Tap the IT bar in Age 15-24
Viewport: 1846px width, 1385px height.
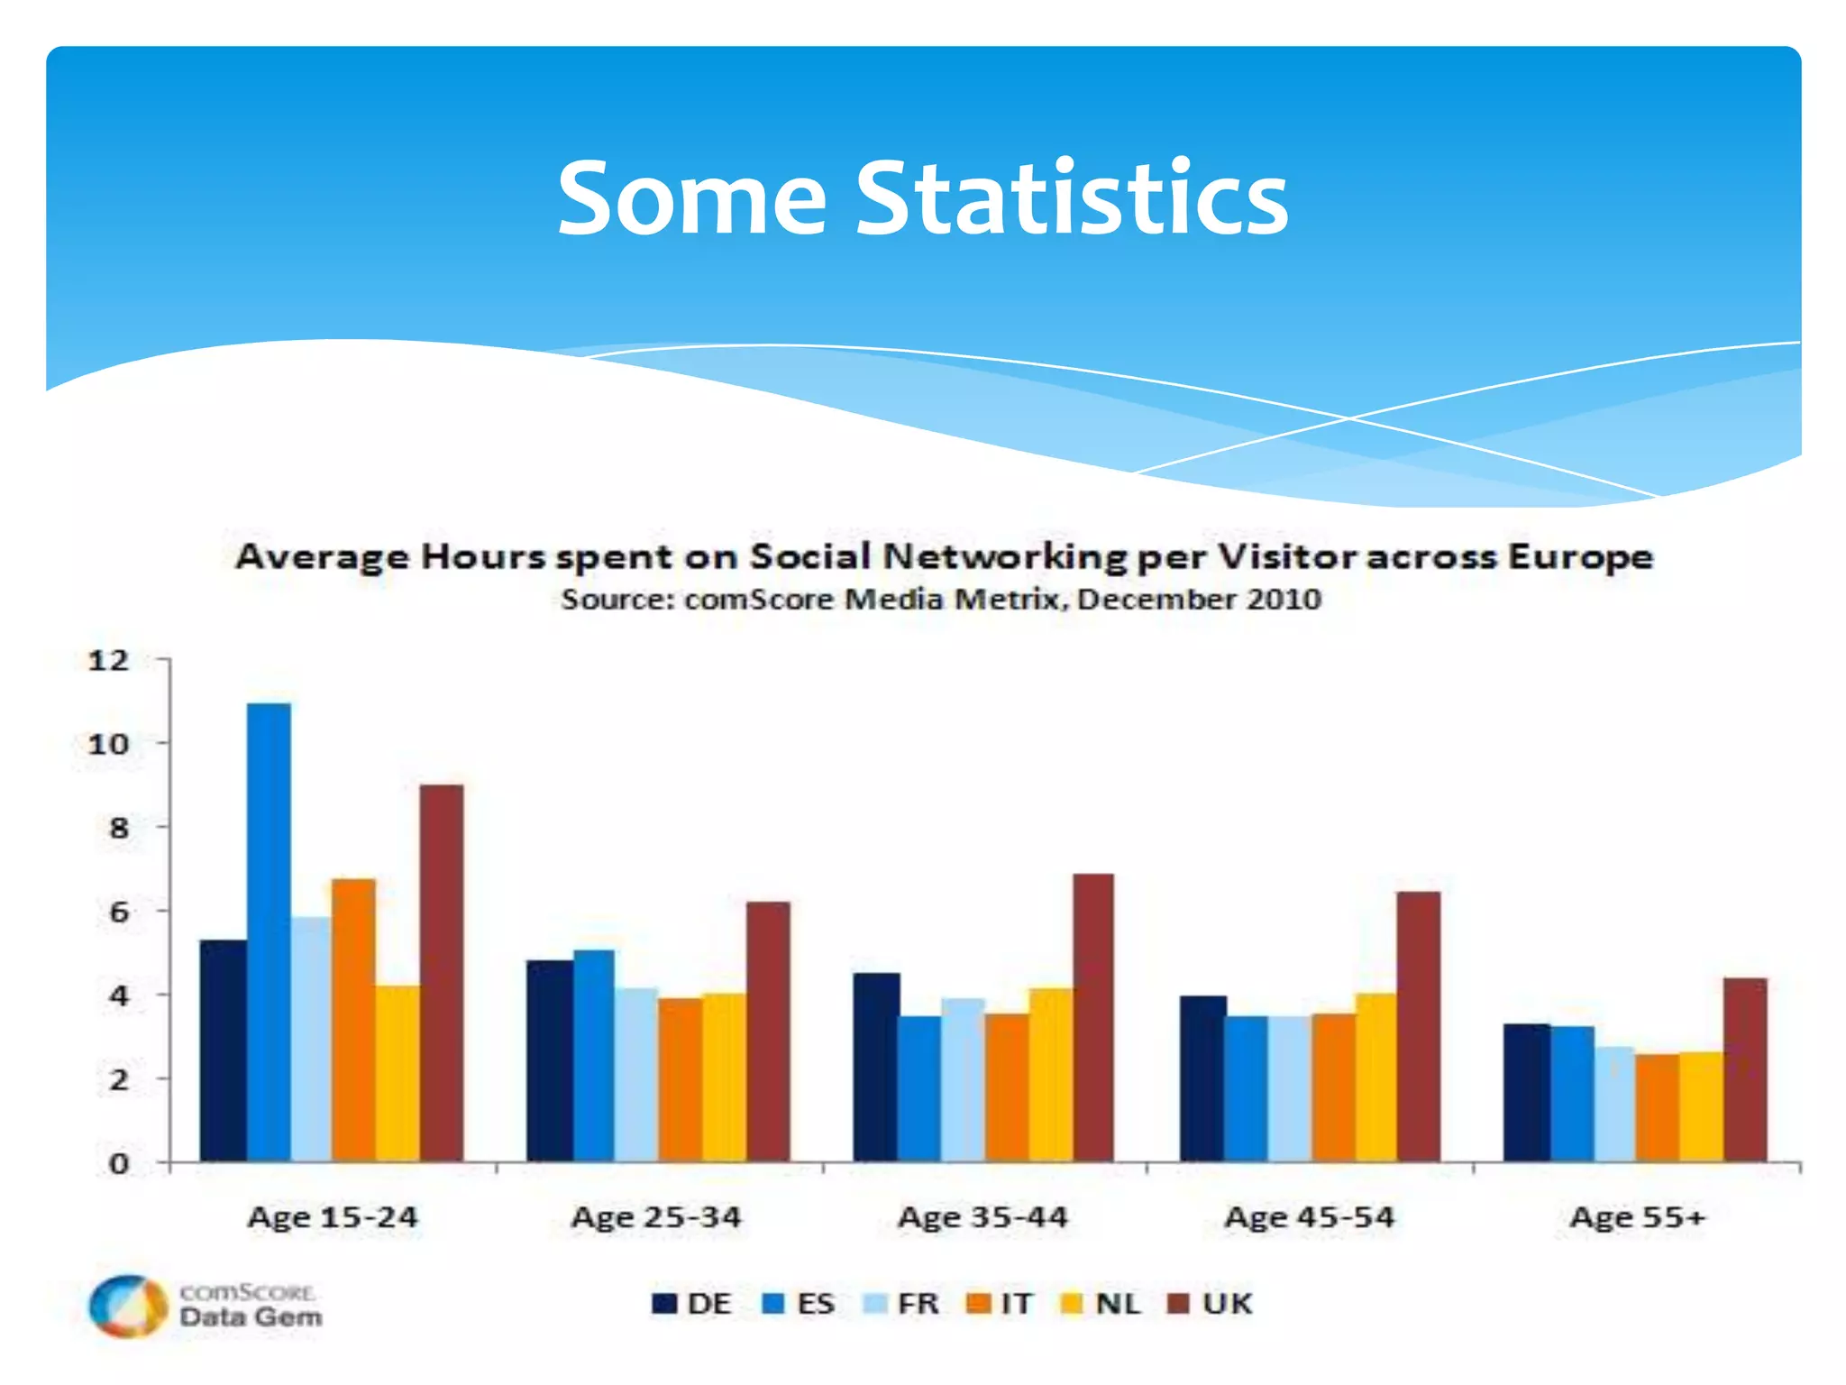pyautogui.click(x=353, y=1019)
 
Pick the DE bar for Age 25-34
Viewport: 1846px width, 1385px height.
pyautogui.click(x=549, y=1060)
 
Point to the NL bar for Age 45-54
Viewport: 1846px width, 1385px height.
pyautogui.click(x=1375, y=1077)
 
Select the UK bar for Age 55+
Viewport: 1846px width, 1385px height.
pyautogui.click(x=1745, y=1069)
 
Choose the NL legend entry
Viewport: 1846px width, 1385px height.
pyautogui.click(x=1101, y=1304)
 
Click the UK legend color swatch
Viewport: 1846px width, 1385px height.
pyautogui.click(x=1178, y=1304)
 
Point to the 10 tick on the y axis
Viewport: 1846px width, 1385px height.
pyautogui.click(x=109, y=744)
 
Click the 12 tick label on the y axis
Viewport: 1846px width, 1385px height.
pyautogui.click(x=109, y=661)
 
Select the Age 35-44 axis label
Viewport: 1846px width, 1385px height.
pyautogui.click(x=982, y=1217)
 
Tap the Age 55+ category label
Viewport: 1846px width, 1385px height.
pyautogui.click(x=1638, y=1217)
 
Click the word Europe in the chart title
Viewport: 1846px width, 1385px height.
pyautogui.click(x=1580, y=556)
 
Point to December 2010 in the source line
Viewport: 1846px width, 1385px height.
pyautogui.click(x=1199, y=600)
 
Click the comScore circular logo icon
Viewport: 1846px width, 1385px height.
pyautogui.click(x=128, y=1306)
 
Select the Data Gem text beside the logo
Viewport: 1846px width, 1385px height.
pyautogui.click(x=251, y=1317)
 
